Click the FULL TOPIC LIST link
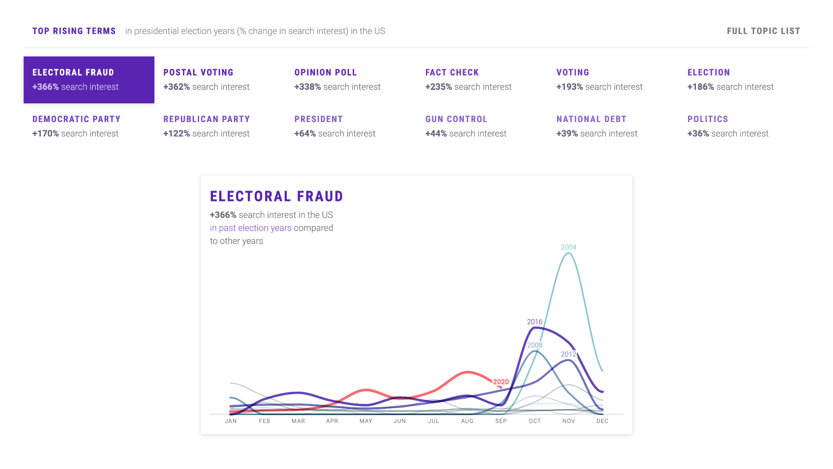763,31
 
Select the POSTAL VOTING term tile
207,80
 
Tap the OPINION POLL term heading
325,73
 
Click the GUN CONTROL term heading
456,119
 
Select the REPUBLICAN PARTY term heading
207,119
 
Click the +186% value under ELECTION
700,87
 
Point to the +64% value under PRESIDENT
305,134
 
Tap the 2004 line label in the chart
568,247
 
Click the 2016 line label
535,322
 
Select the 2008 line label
535,345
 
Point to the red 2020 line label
501,382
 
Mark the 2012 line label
568,354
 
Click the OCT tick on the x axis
535,421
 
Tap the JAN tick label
231,421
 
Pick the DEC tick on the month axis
602,421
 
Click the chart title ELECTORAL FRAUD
276,196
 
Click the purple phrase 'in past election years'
251,228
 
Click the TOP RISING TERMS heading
74,31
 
